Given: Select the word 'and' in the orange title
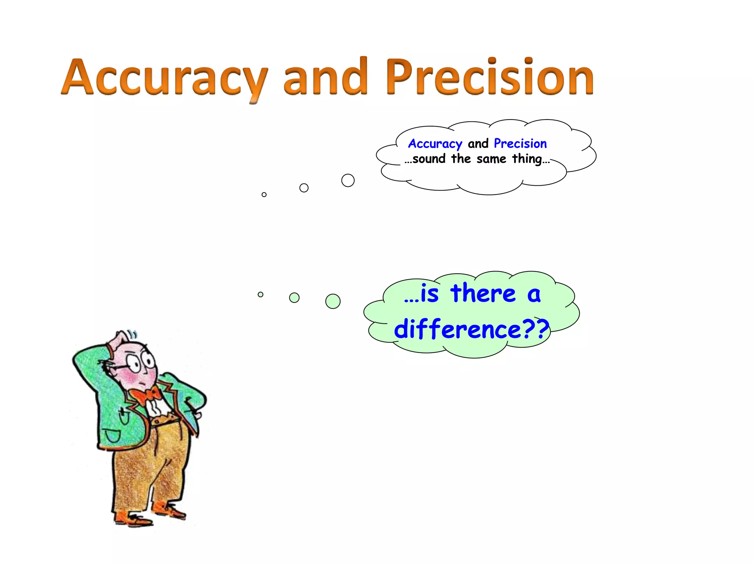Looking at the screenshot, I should click(325, 77).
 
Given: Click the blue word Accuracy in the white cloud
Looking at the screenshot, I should click(435, 144).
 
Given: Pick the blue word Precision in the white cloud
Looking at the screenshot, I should click(520, 143).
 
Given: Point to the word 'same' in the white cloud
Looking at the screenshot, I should click(491, 159).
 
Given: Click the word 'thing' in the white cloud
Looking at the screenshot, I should click(527, 159).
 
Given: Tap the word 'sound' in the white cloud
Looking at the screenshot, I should click(429, 159).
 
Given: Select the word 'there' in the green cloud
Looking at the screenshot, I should click(483, 294).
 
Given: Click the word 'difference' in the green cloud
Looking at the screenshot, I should click(458, 329).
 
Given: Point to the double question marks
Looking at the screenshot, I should click(536, 329).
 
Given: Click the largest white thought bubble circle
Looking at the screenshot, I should click(348, 181).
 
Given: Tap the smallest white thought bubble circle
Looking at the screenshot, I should click(264, 195).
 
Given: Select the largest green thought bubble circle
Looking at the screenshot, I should click(333, 301).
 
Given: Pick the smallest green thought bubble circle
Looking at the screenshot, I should click(260, 294).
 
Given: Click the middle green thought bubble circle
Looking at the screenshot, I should click(294, 298).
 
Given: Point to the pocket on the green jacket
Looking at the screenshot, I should click(112, 436).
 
